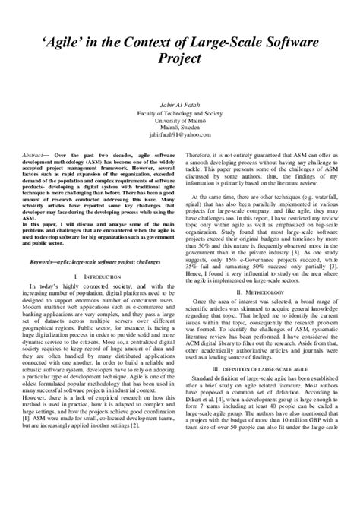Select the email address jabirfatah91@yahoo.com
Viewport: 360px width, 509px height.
pos(180,134)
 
